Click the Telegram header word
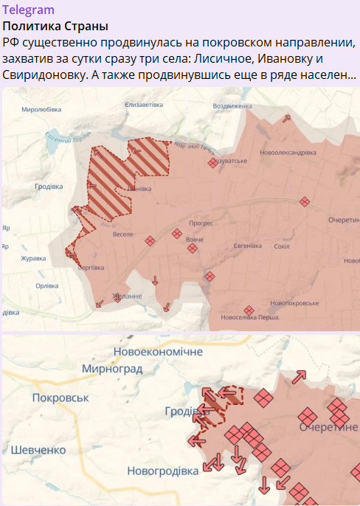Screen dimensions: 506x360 tap(29, 10)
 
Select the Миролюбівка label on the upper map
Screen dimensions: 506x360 tap(42, 108)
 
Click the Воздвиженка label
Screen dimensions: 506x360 tap(232, 106)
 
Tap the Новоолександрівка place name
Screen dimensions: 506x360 tap(288, 153)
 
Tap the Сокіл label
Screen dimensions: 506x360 tap(280, 246)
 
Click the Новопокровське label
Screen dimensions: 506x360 tap(294, 303)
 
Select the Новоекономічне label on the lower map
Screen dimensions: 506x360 tap(158, 352)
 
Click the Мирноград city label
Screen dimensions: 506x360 tap(112, 369)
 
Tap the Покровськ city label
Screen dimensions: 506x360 tap(60, 398)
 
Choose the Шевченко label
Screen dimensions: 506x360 tap(38, 450)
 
